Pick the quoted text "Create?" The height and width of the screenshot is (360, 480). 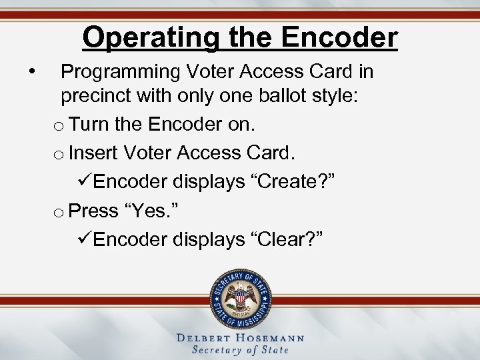click(x=291, y=182)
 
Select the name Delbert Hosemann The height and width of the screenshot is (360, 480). click(x=240, y=338)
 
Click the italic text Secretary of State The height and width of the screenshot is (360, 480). click(x=240, y=350)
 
